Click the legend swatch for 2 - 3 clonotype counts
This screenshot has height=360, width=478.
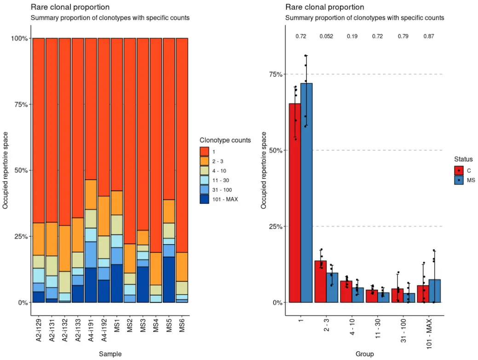coord(205,160)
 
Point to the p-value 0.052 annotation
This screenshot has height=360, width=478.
coord(327,36)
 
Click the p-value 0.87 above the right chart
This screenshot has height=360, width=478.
coord(430,36)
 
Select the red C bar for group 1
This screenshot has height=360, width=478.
coord(294,203)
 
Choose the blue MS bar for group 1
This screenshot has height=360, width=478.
coord(306,193)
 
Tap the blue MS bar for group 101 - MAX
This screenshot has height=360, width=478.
coord(435,291)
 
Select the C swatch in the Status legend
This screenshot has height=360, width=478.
coord(459,171)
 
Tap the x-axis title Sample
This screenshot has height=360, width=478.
coord(110,354)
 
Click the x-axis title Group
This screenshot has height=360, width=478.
coord(364,354)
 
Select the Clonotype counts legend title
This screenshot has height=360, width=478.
coord(225,140)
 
